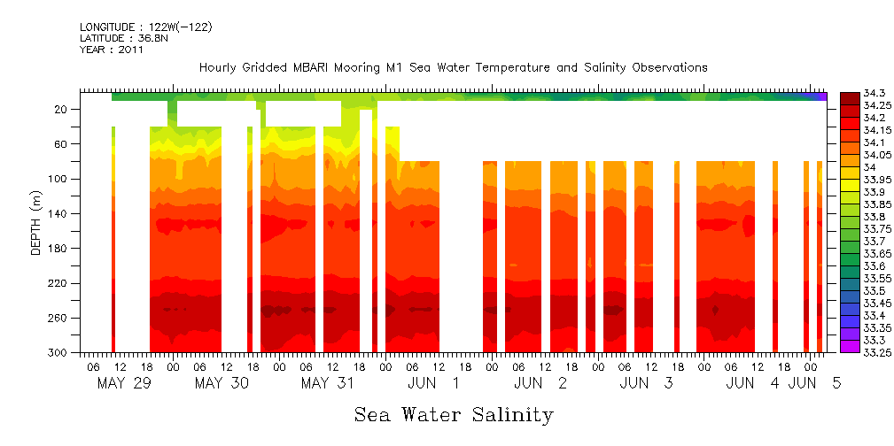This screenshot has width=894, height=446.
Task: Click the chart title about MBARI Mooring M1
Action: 453,68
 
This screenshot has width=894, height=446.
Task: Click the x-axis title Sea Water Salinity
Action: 454,415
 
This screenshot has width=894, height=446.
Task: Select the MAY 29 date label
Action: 121,383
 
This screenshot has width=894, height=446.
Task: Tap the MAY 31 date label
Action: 327,383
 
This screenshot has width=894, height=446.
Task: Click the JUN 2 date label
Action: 538,383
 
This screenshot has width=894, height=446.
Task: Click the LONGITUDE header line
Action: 145,27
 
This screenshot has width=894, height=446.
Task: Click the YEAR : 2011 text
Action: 112,50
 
